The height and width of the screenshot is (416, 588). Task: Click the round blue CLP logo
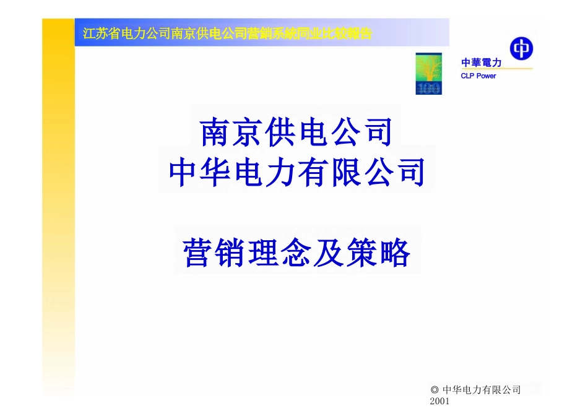click(x=521, y=48)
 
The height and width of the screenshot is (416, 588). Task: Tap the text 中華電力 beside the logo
click(x=481, y=63)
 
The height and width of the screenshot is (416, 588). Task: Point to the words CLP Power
click(x=478, y=76)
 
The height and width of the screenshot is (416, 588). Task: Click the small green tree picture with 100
click(x=428, y=74)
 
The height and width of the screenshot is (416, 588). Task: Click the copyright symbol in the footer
click(x=435, y=390)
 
